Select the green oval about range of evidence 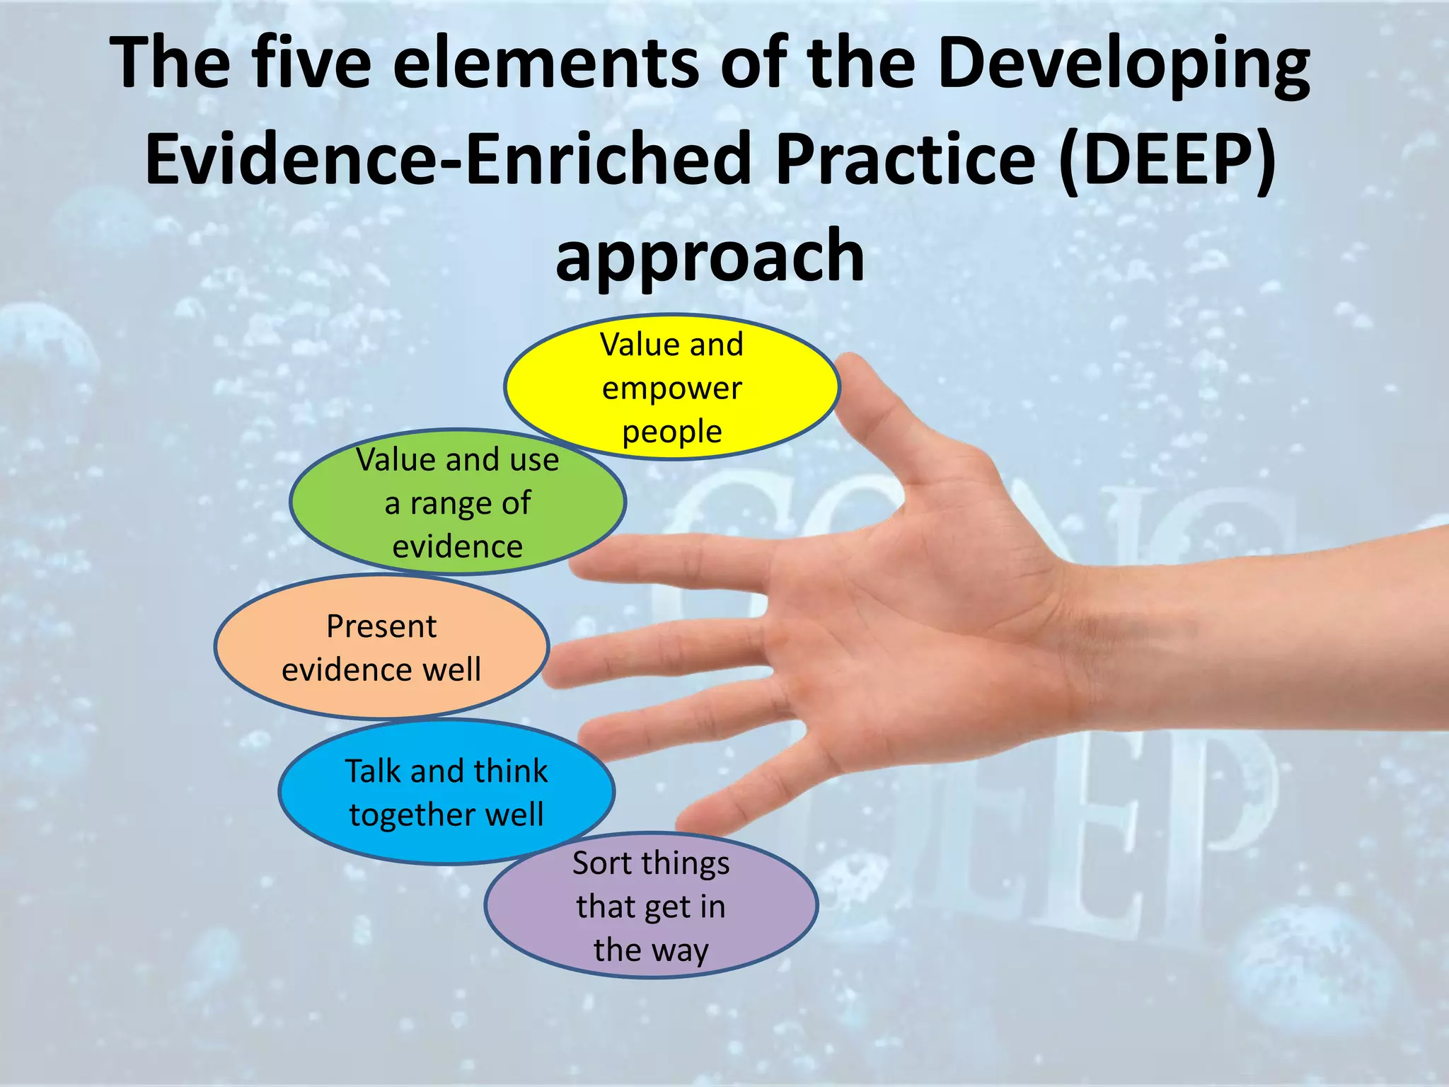coord(457,502)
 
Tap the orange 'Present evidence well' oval coord(381,648)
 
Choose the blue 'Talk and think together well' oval coord(446,792)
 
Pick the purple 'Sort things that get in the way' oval coord(651,906)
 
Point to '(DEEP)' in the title coord(1167,159)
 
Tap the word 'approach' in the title coord(710,255)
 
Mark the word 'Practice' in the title coord(906,159)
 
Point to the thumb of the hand coord(884,410)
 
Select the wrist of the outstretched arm coord(1104,637)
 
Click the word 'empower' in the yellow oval coord(671,389)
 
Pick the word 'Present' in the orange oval coord(381,626)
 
